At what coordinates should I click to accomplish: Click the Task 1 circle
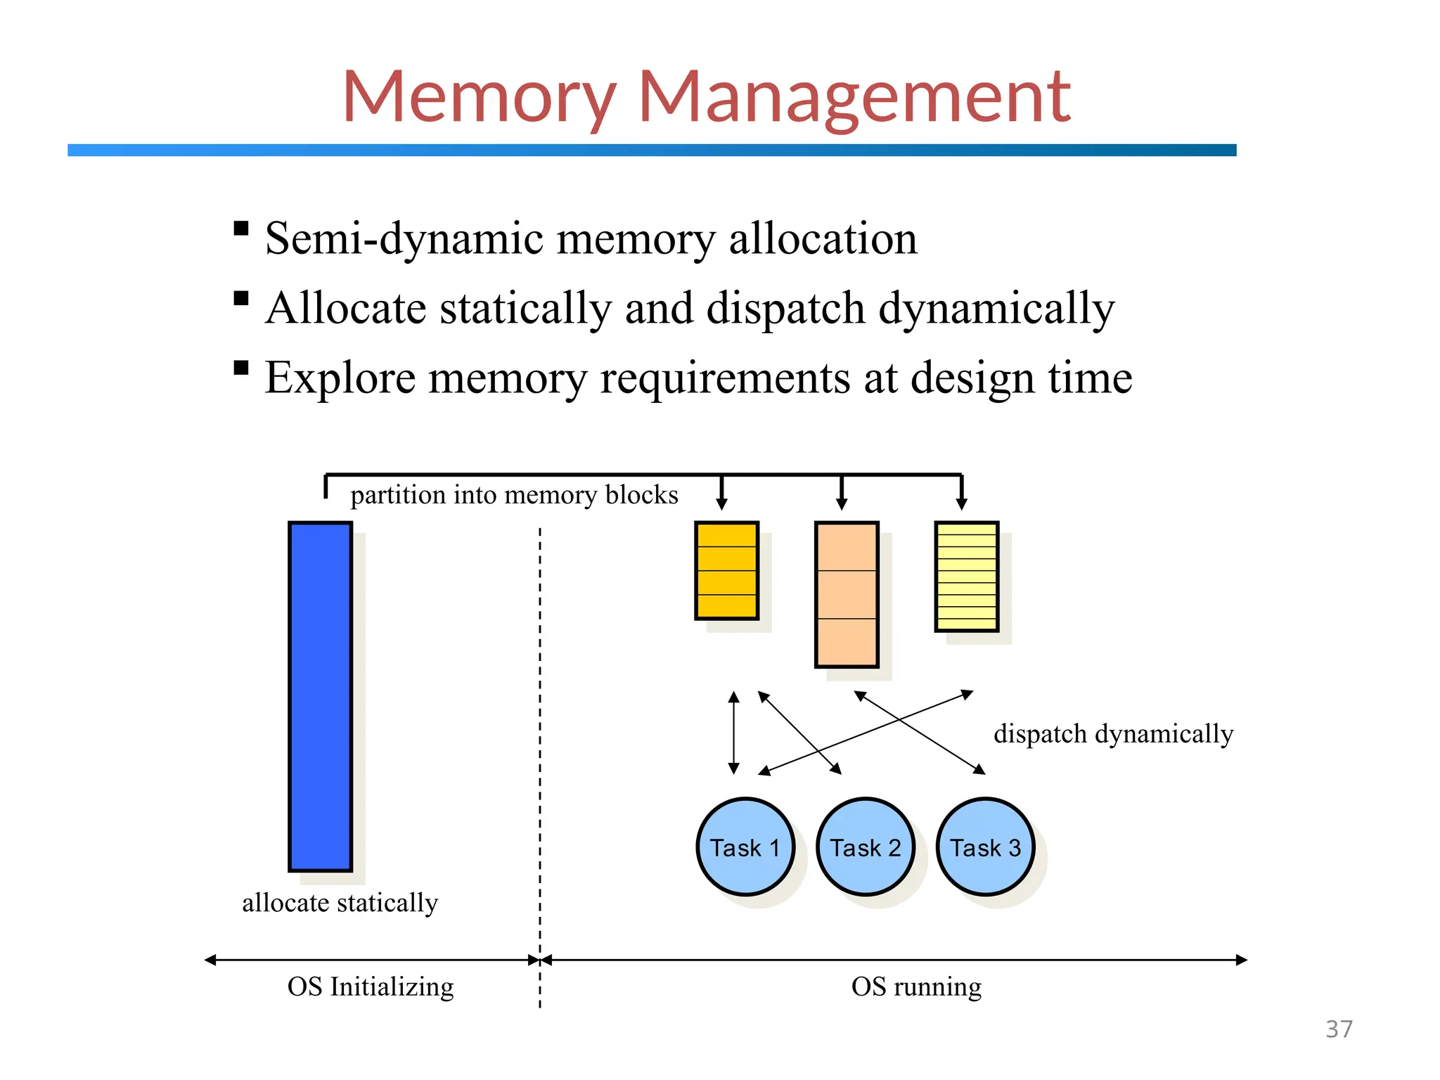pyautogui.click(x=745, y=847)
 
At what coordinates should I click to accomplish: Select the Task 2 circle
pyautogui.click(x=866, y=847)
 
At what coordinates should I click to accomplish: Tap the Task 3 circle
pyautogui.click(x=986, y=847)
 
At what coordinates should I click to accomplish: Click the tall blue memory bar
pyautogui.click(x=321, y=696)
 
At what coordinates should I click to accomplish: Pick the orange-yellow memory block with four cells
pyautogui.click(x=726, y=571)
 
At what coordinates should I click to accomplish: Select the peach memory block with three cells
pyautogui.click(x=847, y=595)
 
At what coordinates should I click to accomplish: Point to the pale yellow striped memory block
pyautogui.click(x=967, y=577)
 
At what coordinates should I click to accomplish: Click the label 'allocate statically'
pyautogui.click(x=340, y=903)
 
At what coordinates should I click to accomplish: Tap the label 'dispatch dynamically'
pyautogui.click(x=1113, y=734)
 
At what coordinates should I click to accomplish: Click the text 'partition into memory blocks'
pyautogui.click(x=514, y=495)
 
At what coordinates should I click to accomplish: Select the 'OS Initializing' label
pyautogui.click(x=371, y=986)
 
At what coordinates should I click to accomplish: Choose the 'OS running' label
pyautogui.click(x=916, y=986)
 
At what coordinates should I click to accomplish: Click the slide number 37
pyautogui.click(x=1339, y=1029)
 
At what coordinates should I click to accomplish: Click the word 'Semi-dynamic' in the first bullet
pyautogui.click(x=404, y=239)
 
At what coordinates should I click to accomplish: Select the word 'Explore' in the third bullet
pyautogui.click(x=340, y=378)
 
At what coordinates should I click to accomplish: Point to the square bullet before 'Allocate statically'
pyautogui.click(x=241, y=298)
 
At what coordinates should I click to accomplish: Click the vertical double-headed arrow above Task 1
pyautogui.click(x=734, y=733)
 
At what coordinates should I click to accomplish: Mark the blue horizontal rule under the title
pyautogui.click(x=652, y=150)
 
